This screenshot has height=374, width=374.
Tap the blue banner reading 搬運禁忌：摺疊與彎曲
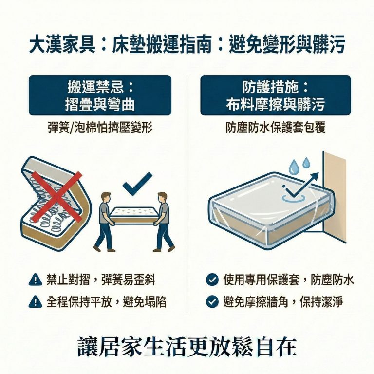[x=100, y=95]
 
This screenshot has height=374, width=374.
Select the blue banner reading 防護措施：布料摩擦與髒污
[x=275, y=95]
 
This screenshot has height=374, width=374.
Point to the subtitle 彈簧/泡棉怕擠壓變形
[x=100, y=128]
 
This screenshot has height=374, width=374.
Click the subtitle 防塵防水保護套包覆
[x=275, y=128]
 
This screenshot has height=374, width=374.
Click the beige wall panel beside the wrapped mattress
[x=336, y=195]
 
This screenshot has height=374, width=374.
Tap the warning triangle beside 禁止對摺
[x=35, y=280]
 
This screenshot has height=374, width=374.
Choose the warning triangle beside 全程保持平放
[x=35, y=302]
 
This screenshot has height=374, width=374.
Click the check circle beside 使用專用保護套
[x=212, y=280]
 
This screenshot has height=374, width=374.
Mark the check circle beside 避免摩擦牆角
[x=212, y=302]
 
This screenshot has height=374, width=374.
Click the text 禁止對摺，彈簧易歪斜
[x=101, y=280]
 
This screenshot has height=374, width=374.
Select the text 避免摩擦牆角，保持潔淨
[x=283, y=302]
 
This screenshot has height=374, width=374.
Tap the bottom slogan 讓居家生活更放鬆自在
[x=187, y=346]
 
